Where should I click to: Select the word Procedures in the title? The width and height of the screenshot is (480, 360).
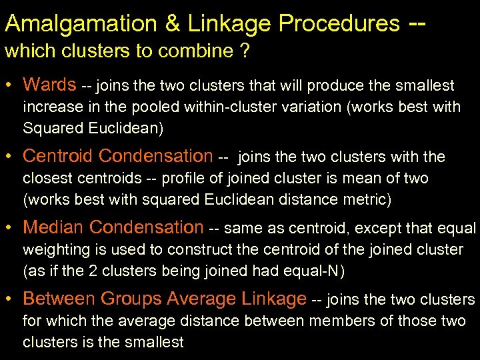[x=339, y=25]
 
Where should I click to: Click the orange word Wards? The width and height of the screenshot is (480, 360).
[x=49, y=85]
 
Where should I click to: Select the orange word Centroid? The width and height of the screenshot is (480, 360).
[x=60, y=157]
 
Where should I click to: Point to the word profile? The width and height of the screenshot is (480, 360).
[x=186, y=179]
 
